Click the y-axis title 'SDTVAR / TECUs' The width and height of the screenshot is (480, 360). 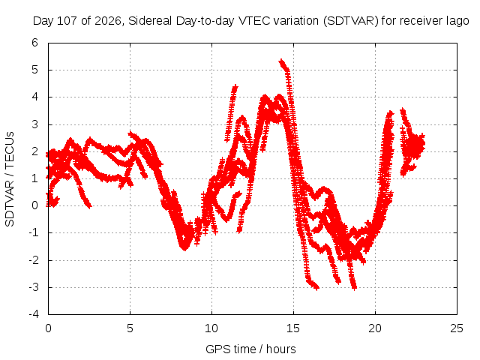pos(10,179)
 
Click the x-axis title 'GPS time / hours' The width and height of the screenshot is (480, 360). pos(250,349)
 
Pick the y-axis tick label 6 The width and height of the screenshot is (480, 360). pos(35,43)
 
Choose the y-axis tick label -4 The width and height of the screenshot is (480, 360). pos(34,314)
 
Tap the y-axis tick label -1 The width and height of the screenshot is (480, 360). pos(34,232)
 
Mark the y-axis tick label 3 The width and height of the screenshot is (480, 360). pos(35,124)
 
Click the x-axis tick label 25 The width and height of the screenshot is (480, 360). pos(457,328)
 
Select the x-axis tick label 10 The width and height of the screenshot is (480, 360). pos(211,328)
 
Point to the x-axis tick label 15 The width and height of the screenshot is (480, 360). pos(293,328)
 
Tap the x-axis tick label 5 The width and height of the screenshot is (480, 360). pos(130,328)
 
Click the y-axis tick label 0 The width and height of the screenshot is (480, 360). pos(35,205)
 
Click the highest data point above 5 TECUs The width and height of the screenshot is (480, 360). pos(281,61)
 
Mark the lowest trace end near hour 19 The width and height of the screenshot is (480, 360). pos(355,288)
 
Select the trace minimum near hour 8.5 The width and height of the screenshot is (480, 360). pos(184,248)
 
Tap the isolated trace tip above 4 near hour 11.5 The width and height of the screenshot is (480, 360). pos(235,87)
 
